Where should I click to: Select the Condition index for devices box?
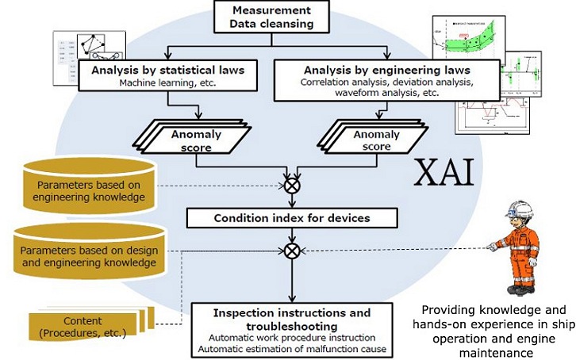point(293,218)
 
